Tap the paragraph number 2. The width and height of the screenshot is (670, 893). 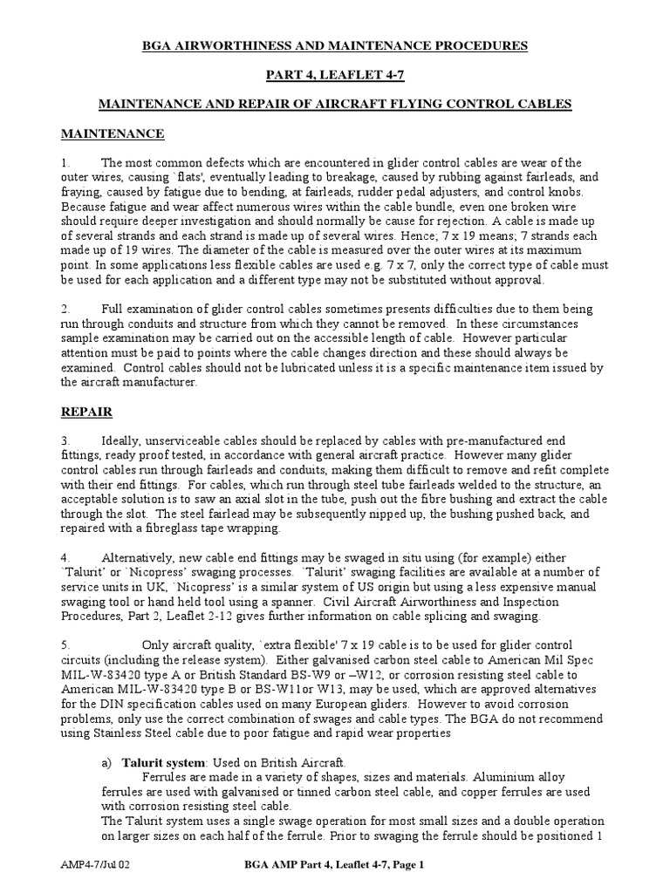coord(65,310)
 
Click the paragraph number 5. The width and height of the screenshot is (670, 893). coord(65,644)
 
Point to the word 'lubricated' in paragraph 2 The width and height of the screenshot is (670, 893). coord(297,368)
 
